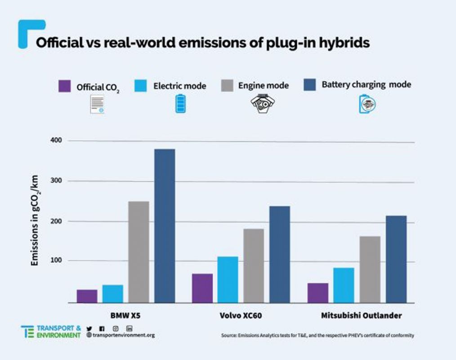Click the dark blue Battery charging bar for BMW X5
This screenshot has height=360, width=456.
coord(165,225)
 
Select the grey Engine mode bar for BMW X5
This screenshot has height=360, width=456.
coord(139,252)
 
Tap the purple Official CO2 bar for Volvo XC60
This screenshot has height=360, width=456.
coord(202,288)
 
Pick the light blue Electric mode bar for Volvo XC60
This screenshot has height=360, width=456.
coord(228,279)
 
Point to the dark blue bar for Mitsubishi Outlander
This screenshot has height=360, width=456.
coord(396,259)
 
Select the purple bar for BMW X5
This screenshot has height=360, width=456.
coord(87,296)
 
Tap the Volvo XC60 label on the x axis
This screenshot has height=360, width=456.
coord(241,315)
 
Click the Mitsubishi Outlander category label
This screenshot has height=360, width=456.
coord(361,315)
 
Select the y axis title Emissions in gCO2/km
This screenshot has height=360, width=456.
coord(35,220)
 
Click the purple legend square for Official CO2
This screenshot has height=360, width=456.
coord(65,85)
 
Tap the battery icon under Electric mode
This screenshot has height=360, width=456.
coord(179,103)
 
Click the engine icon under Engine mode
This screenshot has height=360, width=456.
coord(262,103)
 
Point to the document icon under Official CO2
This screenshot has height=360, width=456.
coord(97,104)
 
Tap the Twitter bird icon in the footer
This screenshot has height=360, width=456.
coord(89,328)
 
